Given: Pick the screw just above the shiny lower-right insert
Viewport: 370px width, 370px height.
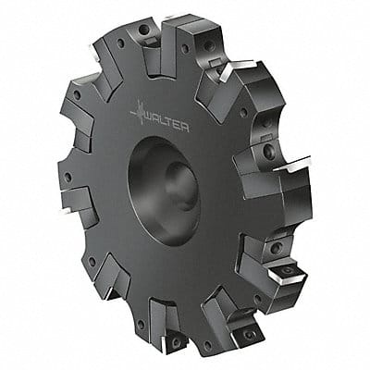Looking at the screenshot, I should (x=275, y=248).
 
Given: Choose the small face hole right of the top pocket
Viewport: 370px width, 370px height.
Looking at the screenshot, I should (x=184, y=48).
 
